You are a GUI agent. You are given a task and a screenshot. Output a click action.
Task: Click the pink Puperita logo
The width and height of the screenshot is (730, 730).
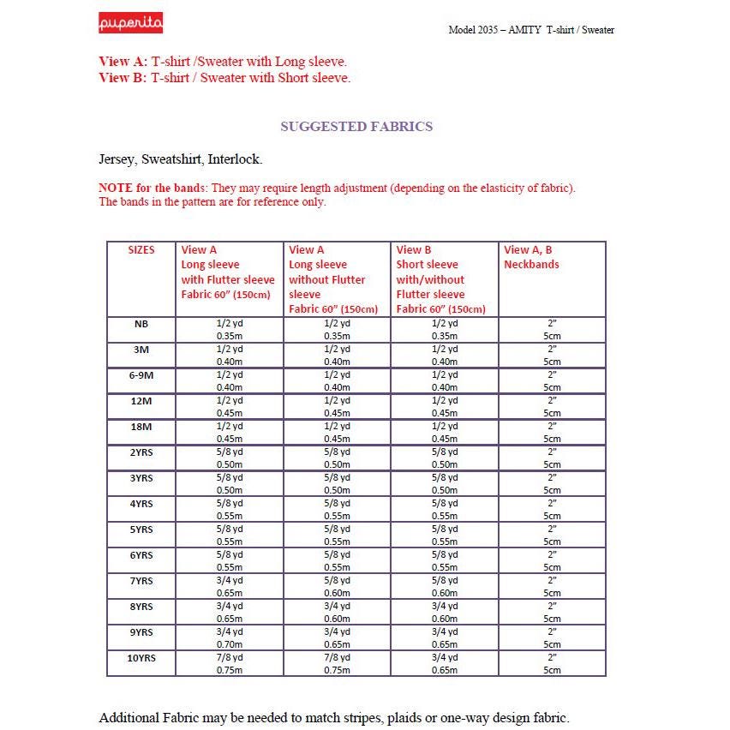130,23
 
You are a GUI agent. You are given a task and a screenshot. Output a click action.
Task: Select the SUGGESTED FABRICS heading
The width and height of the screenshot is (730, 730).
356,127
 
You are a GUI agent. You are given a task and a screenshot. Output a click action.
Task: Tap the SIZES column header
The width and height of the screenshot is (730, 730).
141,250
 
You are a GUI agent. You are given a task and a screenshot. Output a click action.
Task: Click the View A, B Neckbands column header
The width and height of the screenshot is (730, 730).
531,257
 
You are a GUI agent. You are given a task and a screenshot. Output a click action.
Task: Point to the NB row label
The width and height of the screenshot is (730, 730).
141,324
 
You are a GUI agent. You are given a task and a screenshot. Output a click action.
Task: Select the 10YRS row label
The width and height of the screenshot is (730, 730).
141,658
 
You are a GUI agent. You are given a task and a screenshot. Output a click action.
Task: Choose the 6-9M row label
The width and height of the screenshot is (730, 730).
141,375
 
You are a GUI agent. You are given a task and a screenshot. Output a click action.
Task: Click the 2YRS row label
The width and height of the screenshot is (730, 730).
141,452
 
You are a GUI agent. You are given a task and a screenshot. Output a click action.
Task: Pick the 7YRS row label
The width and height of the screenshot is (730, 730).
141,581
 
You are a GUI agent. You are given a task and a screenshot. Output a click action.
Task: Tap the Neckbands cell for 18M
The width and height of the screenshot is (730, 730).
552,432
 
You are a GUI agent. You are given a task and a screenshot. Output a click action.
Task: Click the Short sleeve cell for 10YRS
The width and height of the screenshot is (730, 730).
445,664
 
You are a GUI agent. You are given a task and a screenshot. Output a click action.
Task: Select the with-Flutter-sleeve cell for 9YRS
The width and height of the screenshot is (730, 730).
229,638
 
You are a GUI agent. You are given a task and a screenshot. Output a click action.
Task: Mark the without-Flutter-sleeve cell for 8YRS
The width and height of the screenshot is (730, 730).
337,613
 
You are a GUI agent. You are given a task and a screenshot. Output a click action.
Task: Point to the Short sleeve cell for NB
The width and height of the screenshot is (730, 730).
445,330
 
